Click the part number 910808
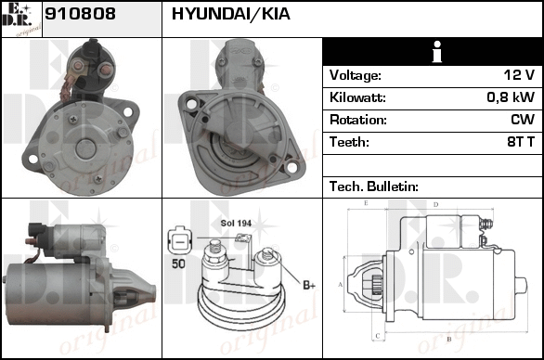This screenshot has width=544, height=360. (80, 14)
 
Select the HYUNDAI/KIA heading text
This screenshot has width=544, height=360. (231, 14)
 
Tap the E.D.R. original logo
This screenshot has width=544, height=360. (21, 19)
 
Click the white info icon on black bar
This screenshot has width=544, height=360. (437, 52)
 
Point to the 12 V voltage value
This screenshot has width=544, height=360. (519, 74)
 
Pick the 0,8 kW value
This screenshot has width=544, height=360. (511, 97)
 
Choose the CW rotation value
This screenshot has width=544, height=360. (523, 120)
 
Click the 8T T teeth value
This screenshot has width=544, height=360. (521, 142)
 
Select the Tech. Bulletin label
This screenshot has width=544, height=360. (374, 186)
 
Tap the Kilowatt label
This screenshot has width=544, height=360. (357, 97)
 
